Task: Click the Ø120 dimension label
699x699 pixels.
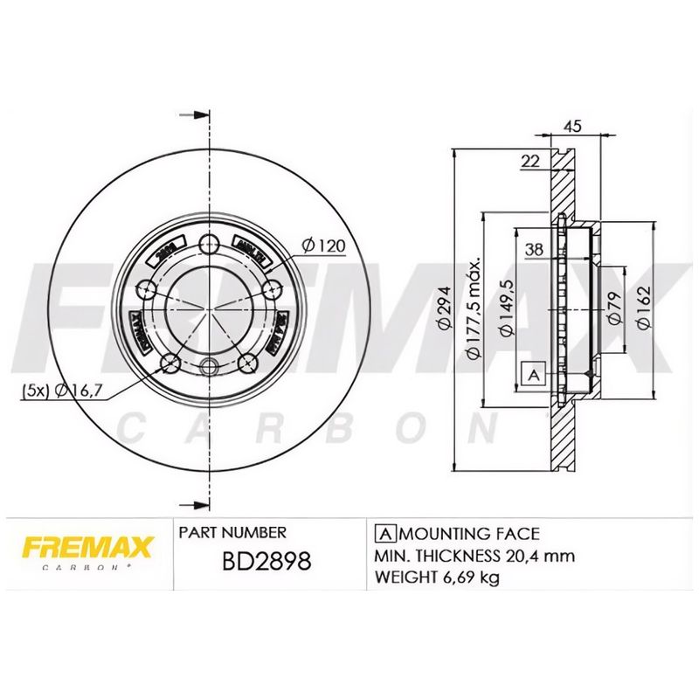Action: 324,246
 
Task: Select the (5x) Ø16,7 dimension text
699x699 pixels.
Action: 57,391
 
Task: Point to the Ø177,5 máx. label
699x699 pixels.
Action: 473,308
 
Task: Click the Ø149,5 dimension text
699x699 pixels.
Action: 504,308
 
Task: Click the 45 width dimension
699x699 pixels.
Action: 572,127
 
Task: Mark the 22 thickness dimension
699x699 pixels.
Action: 529,160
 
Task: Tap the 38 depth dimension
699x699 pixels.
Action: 534,250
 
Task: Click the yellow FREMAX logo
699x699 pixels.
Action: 87,549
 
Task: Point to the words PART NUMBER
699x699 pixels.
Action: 232,532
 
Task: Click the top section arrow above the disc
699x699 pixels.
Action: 200,114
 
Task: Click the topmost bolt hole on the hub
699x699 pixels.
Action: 209,245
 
